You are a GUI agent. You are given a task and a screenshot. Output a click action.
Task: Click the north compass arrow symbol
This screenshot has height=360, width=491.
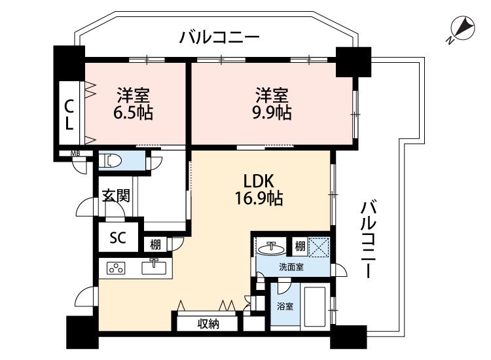click(462, 29)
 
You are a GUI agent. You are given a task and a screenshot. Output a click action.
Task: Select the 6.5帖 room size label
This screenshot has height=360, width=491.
click(133, 113)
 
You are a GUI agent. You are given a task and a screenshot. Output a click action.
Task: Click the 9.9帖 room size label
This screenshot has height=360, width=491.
click(272, 113)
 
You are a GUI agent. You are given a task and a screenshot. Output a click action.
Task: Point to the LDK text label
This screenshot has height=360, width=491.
click(259, 181)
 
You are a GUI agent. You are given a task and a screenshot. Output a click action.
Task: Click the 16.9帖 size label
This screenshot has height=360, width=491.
click(259, 198)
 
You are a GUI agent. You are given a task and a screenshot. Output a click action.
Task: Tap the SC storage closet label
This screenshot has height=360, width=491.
click(118, 238)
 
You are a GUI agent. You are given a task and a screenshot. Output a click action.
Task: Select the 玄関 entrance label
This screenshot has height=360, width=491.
click(116, 196)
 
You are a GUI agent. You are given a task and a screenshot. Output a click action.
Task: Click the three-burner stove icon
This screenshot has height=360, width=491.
click(116, 268)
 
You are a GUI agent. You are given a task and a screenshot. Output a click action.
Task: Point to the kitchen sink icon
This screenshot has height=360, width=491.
click(154, 267)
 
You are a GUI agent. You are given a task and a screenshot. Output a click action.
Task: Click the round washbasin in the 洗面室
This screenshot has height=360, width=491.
click(272, 249)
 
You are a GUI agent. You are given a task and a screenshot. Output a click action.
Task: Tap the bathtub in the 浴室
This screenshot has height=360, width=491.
click(316, 306)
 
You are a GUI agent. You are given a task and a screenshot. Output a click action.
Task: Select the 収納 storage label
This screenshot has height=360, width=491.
click(208, 325)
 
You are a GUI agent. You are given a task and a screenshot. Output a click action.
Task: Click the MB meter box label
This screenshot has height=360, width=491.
click(75, 154)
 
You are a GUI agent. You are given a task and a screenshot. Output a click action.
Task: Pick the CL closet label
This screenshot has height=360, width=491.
click(69, 115)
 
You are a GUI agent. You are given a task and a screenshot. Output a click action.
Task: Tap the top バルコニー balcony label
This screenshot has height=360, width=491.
click(219, 37)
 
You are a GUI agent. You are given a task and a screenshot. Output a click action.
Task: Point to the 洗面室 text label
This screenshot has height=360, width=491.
click(291, 267)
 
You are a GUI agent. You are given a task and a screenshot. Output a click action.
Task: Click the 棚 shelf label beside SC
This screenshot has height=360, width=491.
click(155, 245)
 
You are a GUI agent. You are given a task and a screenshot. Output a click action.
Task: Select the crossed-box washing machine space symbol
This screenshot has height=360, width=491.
click(318, 247)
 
